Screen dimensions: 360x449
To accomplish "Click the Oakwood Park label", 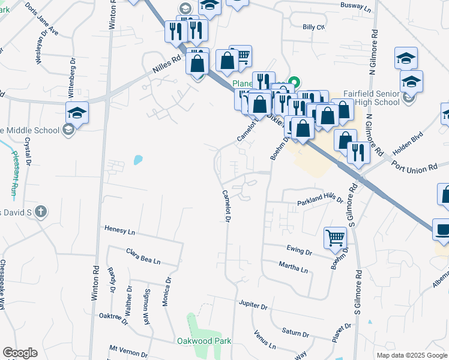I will coord(203,341).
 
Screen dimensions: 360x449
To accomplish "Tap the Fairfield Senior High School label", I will coord(371,98).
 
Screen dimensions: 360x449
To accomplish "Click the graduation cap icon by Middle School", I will coord(77,112).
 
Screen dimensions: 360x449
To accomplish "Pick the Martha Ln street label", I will coord(292,267).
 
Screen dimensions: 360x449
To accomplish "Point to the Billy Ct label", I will coord(313,27).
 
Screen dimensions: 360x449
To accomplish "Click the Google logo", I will coord(20,353).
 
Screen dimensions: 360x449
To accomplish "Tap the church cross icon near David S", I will coord(41,211).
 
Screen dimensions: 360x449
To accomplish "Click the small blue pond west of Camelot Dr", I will coord(138,160).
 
